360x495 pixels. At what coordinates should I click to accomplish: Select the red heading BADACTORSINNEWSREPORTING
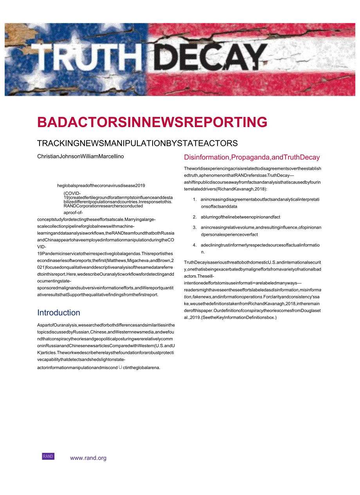pyautogui.click(x=152, y=122)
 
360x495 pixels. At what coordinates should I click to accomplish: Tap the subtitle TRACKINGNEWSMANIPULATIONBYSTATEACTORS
pyautogui.click(x=137, y=143)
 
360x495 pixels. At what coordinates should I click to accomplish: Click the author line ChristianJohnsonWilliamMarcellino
pyautogui.click(x=81, y=156)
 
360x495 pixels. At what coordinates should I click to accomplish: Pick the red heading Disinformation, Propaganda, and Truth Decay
pyautogui.click(x=252, y=158)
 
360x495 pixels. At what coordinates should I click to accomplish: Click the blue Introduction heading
pyautogui.click(x=59, y=313)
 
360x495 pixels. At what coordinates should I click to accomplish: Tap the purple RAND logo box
pyautogui.click(x=48, y=456)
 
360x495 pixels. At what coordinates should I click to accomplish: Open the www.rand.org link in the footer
pyautogui.click(x=88, y=458)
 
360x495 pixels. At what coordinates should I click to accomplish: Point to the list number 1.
pyautogui.click(x=194, y=199)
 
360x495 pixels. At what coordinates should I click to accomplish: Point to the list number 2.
pyautogui.click(x=194, y=217)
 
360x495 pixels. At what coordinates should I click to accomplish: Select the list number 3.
pyautogui.click(x=194, y=228)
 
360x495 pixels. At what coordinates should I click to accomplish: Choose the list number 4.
pyautogui.click(x=194, y=245)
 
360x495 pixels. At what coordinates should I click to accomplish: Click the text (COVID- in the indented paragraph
pyautogui.click(x=72, y=193)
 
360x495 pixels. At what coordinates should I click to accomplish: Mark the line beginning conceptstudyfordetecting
pyautogui.click(x=96, y=219)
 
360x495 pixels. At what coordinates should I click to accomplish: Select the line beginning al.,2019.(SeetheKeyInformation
pyautogui.click(x=230, y=317)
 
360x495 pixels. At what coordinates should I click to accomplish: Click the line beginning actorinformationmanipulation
pyautogui.click(x=99, y=368)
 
